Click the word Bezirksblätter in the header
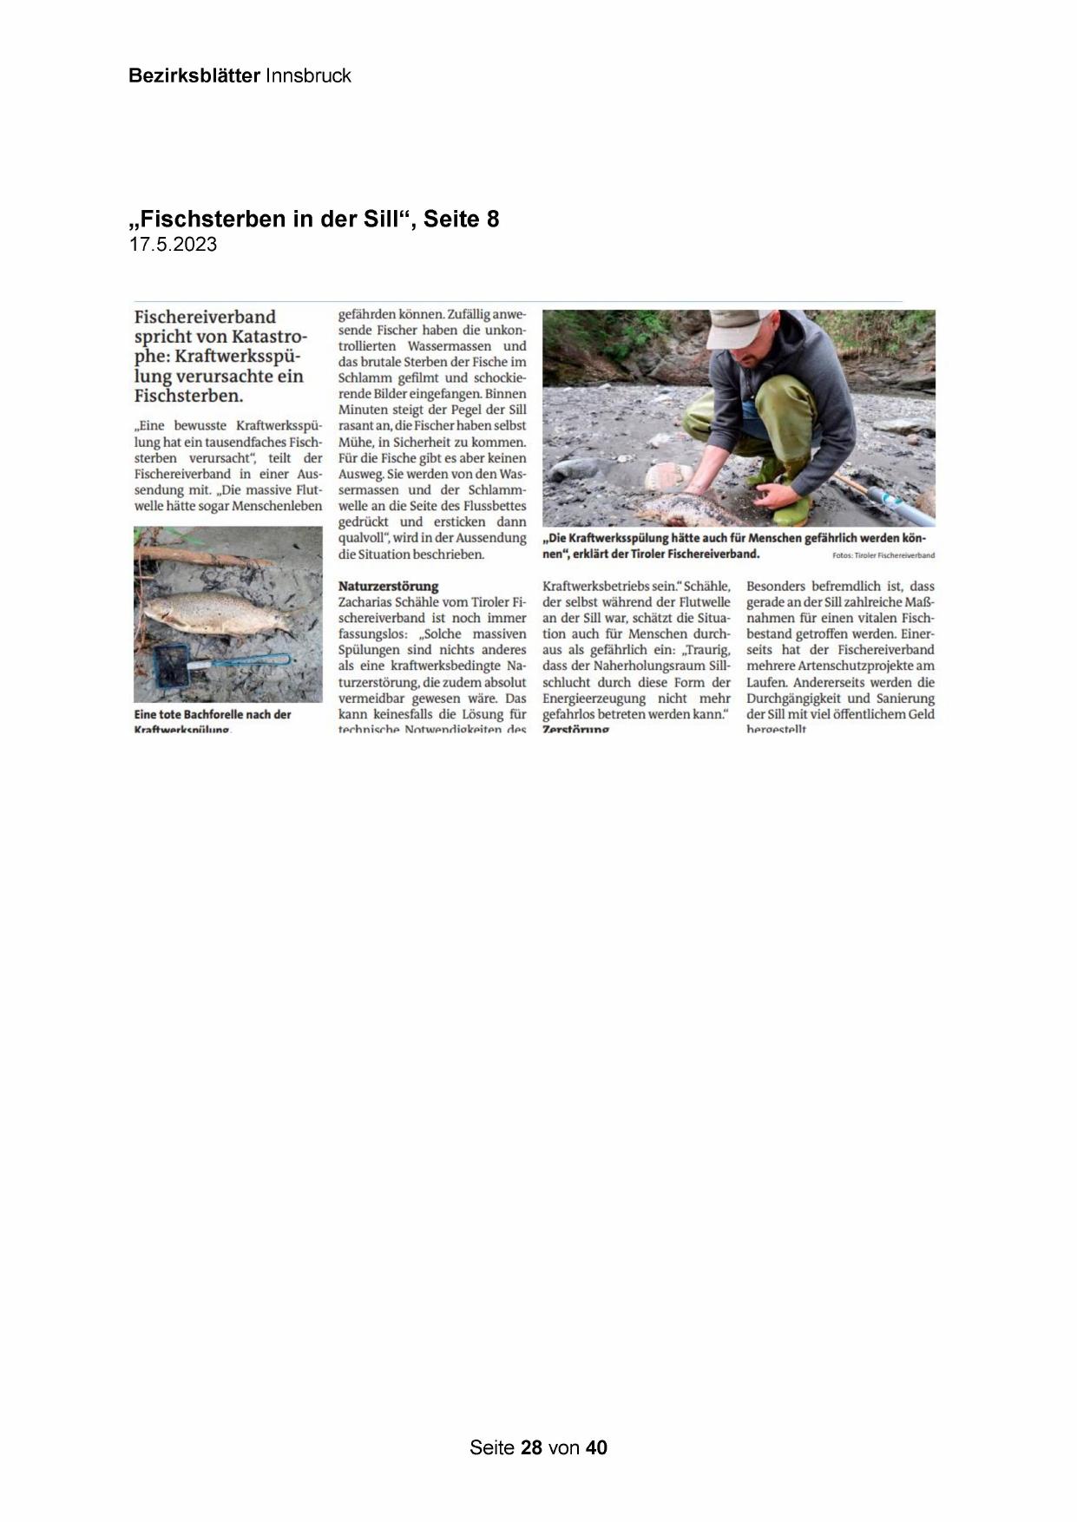click(x=194, y=75)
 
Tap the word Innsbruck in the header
click(x=308, y=75)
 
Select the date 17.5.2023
click(x=173, y=245)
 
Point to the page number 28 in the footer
click(x=531, y=1447)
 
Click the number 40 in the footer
click(x=596, y=1447)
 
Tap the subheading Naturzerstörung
click(x=388, y=586)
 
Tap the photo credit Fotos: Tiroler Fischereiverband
click(x=883, y=555)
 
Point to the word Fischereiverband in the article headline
click(x=205, y=317)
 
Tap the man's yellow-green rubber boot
click(x=791, y=511)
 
